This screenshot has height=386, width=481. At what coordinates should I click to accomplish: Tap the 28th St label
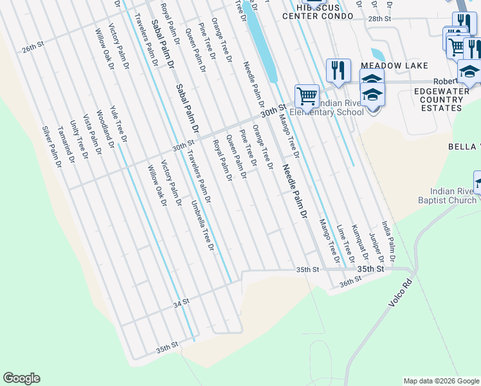[x=379, y=19]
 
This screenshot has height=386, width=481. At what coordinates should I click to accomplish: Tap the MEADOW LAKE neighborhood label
[x=394, y=66]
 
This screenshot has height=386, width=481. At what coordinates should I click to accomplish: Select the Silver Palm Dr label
[x=51, y=147]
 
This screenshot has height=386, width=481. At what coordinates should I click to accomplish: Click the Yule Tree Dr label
[x=118, y=124]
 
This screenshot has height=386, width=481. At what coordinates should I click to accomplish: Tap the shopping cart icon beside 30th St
[x=307, y=96]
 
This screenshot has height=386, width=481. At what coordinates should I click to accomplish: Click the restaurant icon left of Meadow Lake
[x=338, y=69]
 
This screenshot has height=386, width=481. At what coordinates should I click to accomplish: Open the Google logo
[x=21, y=378]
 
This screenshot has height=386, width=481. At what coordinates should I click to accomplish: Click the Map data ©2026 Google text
[x=440, y=381]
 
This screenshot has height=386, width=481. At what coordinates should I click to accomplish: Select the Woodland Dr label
[x=105, y=129]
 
